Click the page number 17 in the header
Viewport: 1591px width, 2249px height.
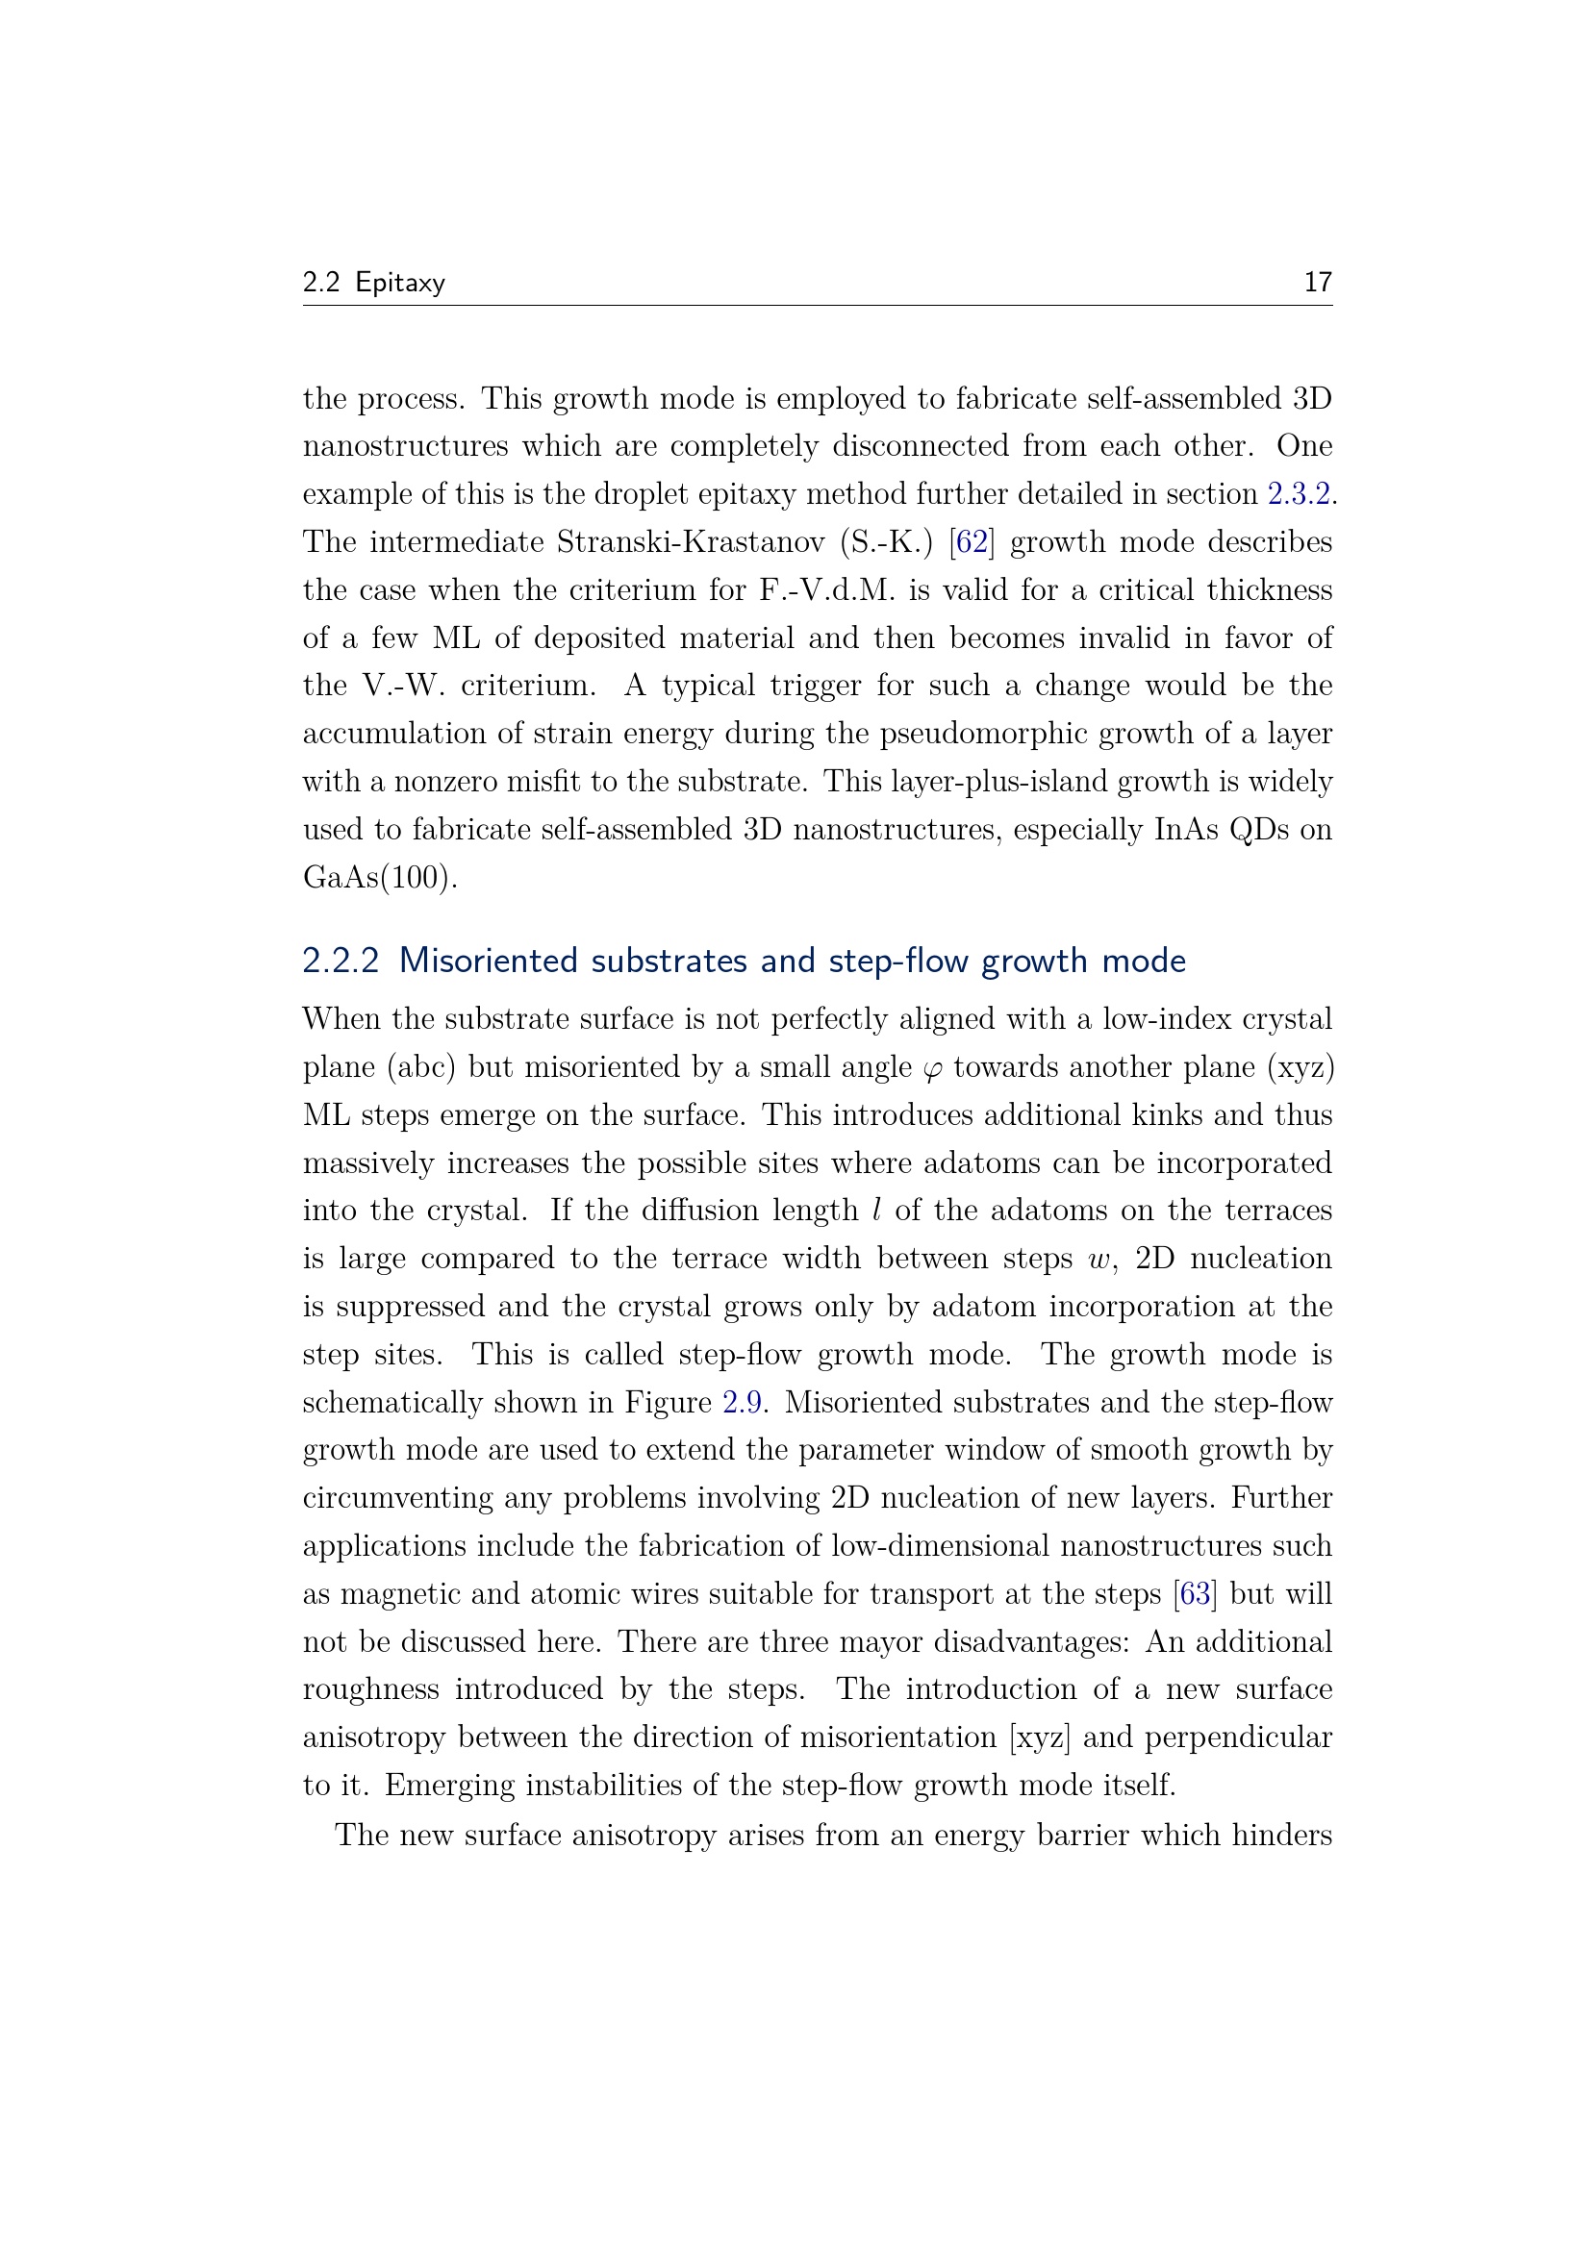pos(1317,282)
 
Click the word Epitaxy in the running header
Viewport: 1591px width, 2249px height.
pos(400,283)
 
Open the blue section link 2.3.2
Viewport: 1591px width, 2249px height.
pos(1299,493)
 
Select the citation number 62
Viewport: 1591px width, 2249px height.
pos(971,541)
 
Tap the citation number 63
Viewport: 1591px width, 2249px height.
pos(1195,1593)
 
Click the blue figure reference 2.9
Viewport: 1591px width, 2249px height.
pos(743,1403)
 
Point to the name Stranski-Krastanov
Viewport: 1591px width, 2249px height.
pos(691,541)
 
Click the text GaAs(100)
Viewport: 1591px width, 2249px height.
pos(379,877)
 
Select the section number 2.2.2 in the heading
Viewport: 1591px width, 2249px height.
pos(340,961)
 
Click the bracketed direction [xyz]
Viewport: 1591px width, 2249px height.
pos(1040,1737)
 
